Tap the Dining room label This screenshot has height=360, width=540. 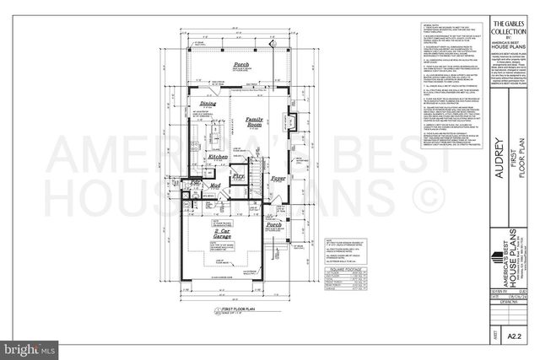point(206,104)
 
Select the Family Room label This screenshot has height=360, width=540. point(255,123)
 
